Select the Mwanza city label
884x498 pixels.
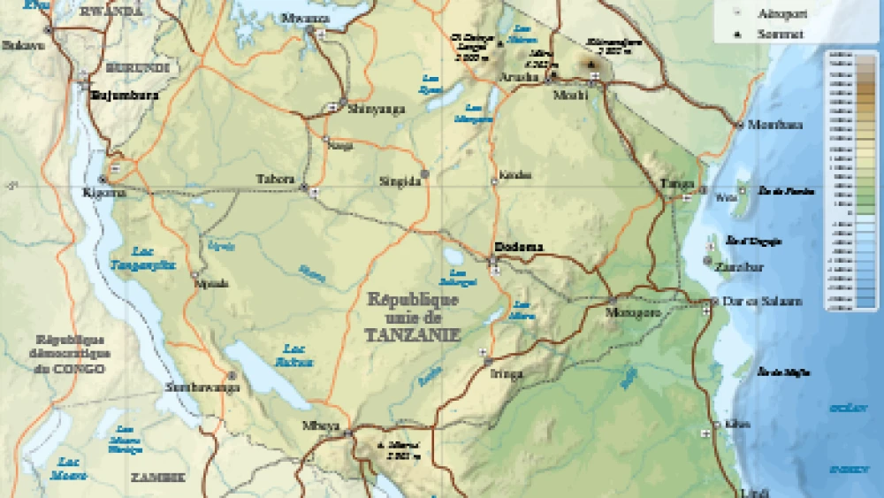click(x=303, y=18)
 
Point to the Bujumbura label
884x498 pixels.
click(x=125, y=95)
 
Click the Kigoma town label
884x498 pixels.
click(x=104, y=192)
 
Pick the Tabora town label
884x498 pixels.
click(x=275, y=179)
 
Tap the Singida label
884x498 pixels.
click(x=399, y=181)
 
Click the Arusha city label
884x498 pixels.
click(x=519, y=77)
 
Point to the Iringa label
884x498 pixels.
click(x=506, y=373)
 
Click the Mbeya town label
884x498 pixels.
click(x=320, y=425)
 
